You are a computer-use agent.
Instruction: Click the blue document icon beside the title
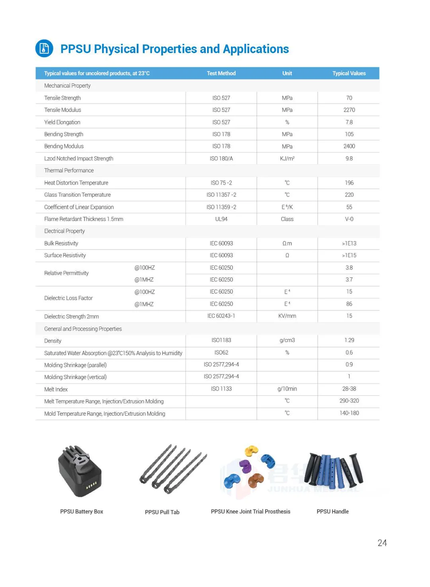(44, 49)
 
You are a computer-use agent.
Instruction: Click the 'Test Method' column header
(221, 73)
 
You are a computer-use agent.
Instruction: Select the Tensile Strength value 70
(349, 98)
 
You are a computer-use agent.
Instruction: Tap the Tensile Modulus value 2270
(349, 110)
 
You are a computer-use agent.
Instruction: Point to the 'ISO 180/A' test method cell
(221, 159)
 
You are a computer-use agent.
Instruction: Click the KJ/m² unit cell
(287, 159)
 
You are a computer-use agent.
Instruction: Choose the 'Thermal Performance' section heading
(69, 171)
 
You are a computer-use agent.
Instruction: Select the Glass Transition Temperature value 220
(349, 195)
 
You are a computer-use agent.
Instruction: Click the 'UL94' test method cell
(221, 219)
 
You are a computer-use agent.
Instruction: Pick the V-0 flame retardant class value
(349, 219)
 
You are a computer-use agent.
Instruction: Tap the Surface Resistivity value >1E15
(349, 255)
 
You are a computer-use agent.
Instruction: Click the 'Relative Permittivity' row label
(66, 273)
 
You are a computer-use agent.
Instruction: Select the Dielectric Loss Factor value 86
(349, 304)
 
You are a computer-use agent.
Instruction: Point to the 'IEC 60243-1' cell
(221, 316)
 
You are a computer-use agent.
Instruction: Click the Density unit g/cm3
(287, 340)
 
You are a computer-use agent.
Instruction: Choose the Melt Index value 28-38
(349, 389)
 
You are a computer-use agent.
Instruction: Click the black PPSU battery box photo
(80, 472)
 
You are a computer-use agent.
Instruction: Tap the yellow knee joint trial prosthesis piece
(251, 451)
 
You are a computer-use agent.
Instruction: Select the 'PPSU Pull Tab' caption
(162, 512)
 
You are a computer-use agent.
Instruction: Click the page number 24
(382, 543)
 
